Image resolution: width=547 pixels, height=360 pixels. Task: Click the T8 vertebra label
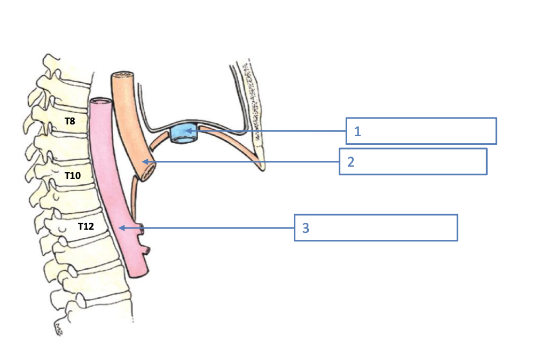[69, 121]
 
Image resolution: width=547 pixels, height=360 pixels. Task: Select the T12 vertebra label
[85, 226]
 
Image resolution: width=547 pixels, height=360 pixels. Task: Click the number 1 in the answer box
[357, 131]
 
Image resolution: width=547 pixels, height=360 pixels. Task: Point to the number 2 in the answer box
[351, 162]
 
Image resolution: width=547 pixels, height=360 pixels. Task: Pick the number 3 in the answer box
[306, 228]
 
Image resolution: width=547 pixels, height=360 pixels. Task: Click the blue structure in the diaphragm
[184, 134]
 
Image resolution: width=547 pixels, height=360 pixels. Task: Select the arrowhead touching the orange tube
[145, 161]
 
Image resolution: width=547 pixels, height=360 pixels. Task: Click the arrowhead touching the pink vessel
[121, 228]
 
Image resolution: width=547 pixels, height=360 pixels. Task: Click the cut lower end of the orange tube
[148, 171]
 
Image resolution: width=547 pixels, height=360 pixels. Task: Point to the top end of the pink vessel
[99, 101]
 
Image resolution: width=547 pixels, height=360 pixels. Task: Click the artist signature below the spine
[58, 326]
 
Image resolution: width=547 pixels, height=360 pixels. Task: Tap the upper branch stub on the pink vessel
[142, 228]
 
